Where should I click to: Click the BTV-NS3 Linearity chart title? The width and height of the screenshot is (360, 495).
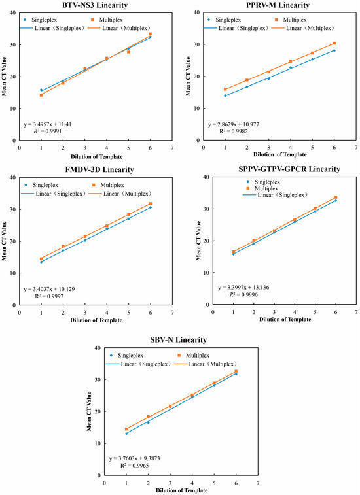click(96, 5)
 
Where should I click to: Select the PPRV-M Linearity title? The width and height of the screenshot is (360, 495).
click(278, 5)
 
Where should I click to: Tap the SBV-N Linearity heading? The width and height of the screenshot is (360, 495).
click(178, 340)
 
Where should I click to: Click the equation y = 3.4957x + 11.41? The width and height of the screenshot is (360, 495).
click(48, 124)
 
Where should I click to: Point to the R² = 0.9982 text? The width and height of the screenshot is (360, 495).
click(234, 131)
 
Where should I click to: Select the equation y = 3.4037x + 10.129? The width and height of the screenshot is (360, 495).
click(49, 289)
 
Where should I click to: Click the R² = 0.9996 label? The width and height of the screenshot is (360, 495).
click(243, 294)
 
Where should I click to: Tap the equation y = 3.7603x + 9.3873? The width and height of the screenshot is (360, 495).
click(135, 458)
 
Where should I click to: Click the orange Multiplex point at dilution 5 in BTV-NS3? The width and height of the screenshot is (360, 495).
click(129, 52)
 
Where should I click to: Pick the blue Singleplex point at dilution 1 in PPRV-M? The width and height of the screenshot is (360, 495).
click(225, 95)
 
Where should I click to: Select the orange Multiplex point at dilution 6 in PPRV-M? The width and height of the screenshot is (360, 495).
click(334, 43)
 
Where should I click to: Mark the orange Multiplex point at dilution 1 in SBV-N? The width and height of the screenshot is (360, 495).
click(126, 429)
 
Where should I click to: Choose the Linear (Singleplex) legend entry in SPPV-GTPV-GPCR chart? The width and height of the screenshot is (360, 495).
click(275, 195)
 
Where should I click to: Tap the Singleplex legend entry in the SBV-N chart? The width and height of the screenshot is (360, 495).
click(126, 356)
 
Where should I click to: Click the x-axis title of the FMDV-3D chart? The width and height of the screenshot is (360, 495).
click(96, 320)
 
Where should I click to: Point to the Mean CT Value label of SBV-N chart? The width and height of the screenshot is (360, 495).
click(89, 411)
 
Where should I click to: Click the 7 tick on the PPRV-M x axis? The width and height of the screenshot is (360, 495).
click(356, 147)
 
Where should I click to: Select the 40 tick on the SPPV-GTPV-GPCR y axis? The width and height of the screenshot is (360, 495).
click(206, 177)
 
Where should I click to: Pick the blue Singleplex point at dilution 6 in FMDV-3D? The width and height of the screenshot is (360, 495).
click(151, 207)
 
